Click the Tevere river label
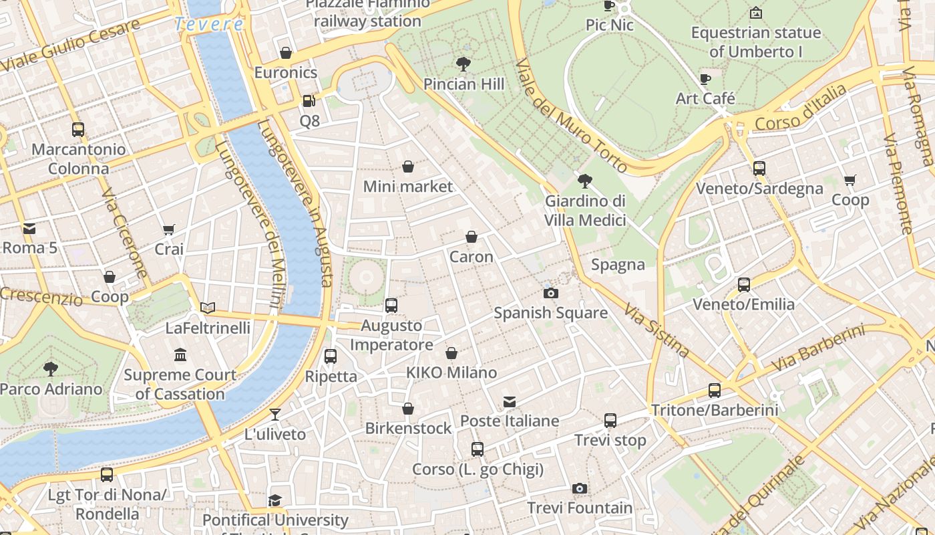(208, 24)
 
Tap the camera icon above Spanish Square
(551, 293)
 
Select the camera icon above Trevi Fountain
(580, 488)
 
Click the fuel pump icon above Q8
(309, 101)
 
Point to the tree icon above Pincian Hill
(463, 64)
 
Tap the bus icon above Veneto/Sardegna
(759, 168)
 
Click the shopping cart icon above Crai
(169, 229)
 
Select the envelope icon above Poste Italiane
(510, 401)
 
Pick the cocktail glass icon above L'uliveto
(274, 415)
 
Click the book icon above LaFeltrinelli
(208, 308)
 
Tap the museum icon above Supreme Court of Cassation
(180, 354)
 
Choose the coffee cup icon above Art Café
(705, 79)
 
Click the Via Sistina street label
(657, 330)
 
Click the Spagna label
(618, 265)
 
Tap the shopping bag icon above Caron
(472, 237)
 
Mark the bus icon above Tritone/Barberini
(715, 390)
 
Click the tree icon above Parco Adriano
(50, 368)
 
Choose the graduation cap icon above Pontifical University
(274, 500)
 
